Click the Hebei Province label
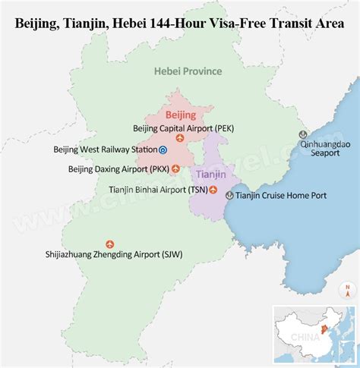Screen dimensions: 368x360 tap(188, 71)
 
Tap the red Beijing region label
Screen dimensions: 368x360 tap(181, 115)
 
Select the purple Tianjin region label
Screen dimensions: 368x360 tap(210, 174)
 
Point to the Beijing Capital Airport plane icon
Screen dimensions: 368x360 tap(179, 139)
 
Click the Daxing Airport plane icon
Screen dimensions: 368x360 tap(175, 169)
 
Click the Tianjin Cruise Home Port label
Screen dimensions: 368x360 tap(281, 196)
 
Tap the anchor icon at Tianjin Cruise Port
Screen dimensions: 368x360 tap(229, 196)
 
